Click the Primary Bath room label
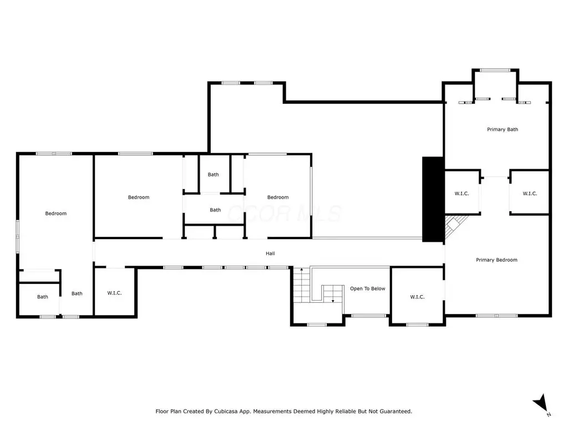coord(503,129)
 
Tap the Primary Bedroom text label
coord(496,260)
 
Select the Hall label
coord(270,253)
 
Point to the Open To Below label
coord(367,288)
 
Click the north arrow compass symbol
coord(542,404)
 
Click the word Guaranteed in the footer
coord(396,412)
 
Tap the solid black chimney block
coord(433,199)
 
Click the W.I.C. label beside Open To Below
coord(417,297)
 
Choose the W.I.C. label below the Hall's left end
coord(114,293)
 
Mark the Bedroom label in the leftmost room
coord(56,214)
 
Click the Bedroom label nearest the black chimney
coord(278,197)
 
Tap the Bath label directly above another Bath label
coord(213,175)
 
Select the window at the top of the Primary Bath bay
coord(495,70)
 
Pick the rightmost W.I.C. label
coord(530,194)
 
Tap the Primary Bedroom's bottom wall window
coord(496,316)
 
